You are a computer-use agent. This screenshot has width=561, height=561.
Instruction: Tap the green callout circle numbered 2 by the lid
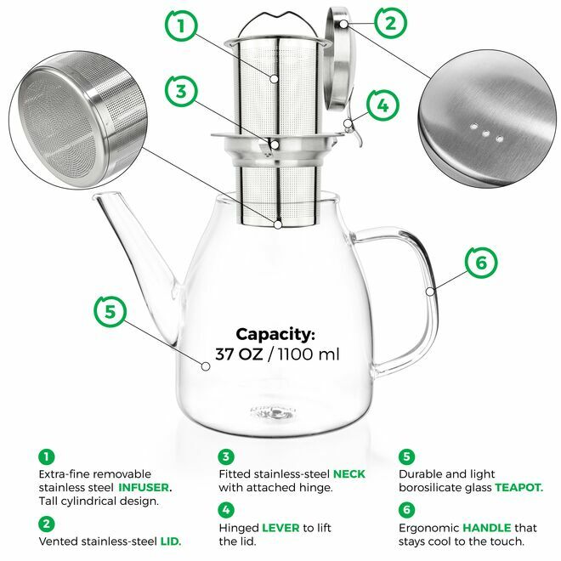click(389, 22)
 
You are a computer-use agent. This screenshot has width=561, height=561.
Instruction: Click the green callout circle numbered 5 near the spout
click(110, 310)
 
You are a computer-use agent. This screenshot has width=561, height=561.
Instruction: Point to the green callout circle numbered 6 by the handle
click(481, 263)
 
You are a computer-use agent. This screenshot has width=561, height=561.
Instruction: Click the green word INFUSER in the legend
click(144, 488)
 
